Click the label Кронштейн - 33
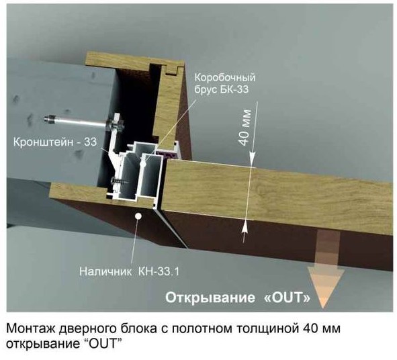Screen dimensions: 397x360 tap(55, 142)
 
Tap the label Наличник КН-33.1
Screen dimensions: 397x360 tap(129, 271)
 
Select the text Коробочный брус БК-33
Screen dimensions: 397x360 tap(225, 83)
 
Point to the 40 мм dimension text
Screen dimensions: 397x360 tap(245, 128)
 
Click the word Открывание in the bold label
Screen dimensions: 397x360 tap(210, 298)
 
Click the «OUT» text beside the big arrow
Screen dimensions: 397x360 tap(287, 298)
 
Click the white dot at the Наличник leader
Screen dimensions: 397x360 tap(138, 216)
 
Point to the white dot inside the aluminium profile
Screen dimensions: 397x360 tap(143, 163)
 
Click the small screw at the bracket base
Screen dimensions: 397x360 tap(120, 181)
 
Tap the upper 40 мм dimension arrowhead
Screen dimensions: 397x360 tap(253, 159)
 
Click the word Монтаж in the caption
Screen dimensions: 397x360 tap(30, 329)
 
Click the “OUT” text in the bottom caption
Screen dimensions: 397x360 tap(101, 345)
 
